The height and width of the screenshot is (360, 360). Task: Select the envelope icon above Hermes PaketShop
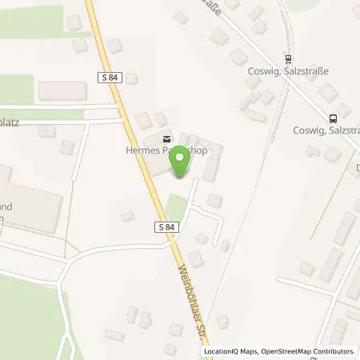pos(166,138)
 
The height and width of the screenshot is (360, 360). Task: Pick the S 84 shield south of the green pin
pos(166,228)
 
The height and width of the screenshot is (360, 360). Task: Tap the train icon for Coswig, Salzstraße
pos(288,58)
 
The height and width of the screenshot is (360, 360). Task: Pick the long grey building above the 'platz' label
pos(62,90)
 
